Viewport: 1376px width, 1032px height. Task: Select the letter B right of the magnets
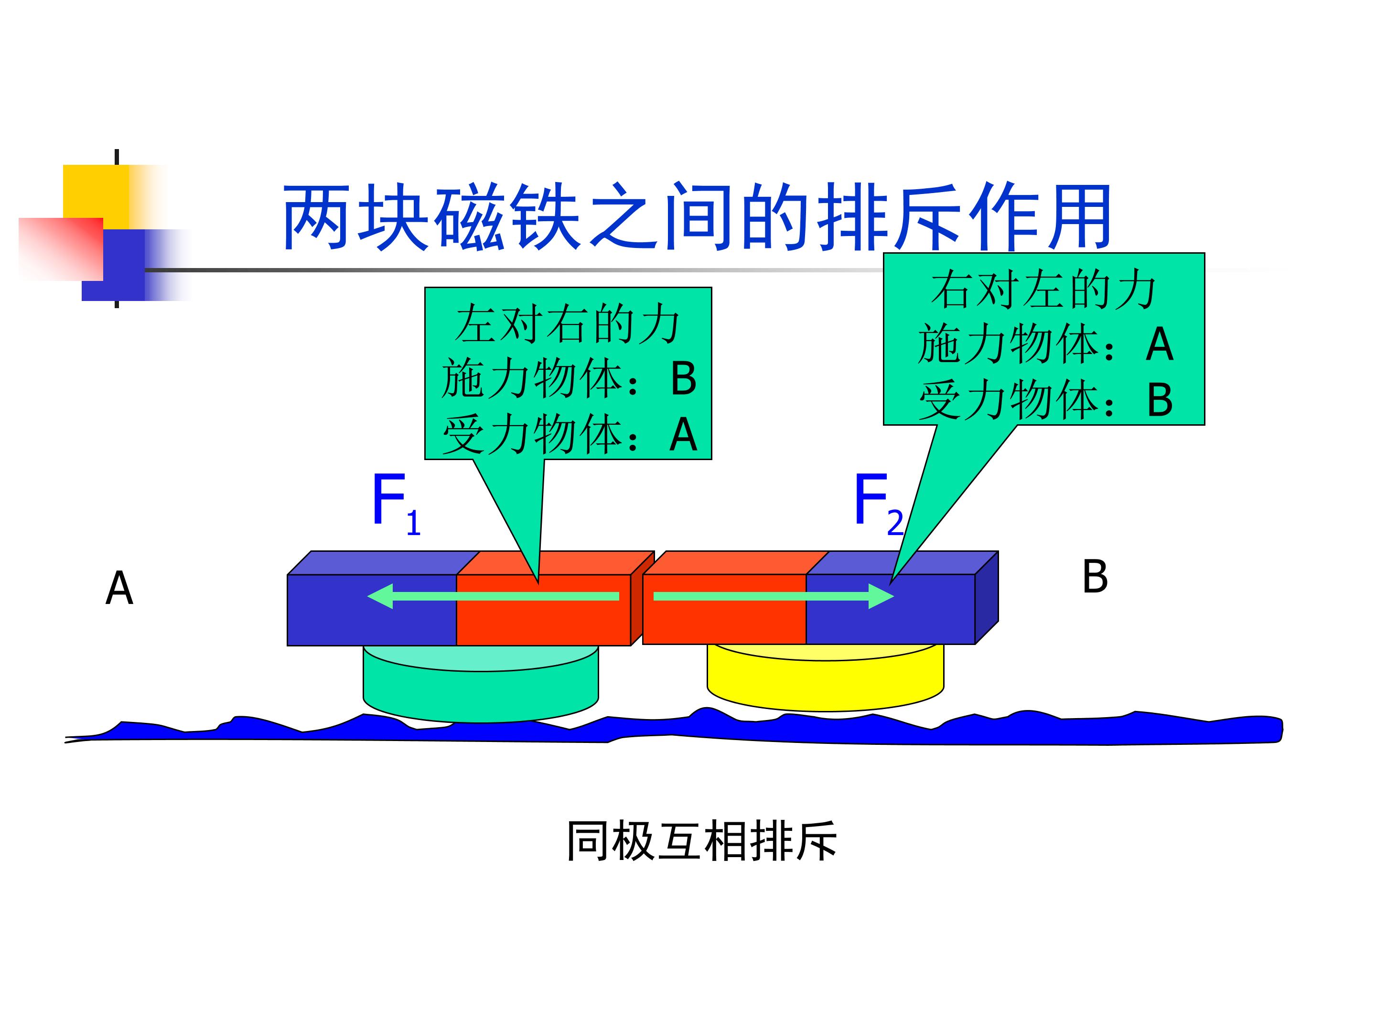point(1095,576)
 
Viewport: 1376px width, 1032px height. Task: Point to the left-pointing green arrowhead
point(380,596)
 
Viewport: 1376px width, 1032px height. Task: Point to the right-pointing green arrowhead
point(881,596)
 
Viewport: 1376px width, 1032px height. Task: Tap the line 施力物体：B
point(569,379)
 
